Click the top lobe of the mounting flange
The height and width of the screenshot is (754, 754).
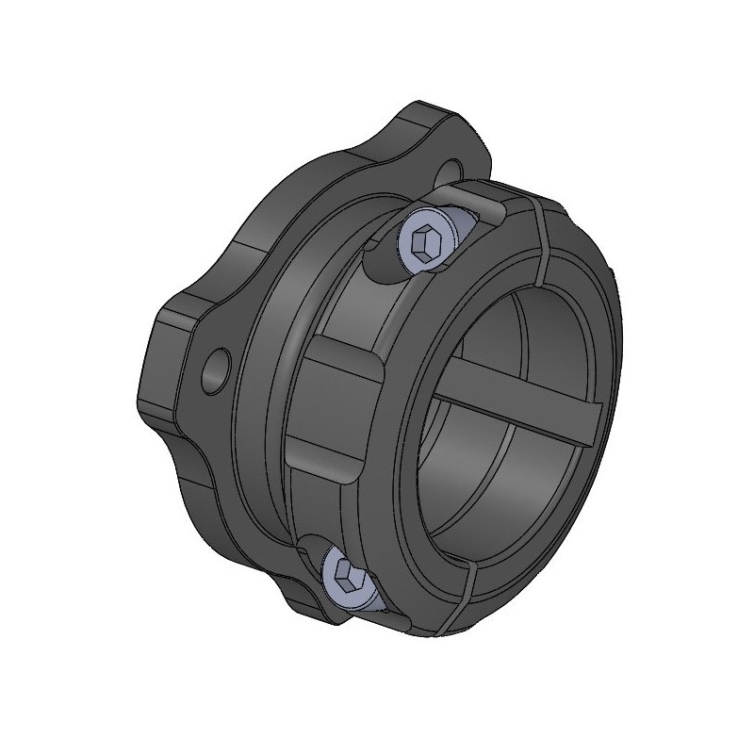tap(429, 132)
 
